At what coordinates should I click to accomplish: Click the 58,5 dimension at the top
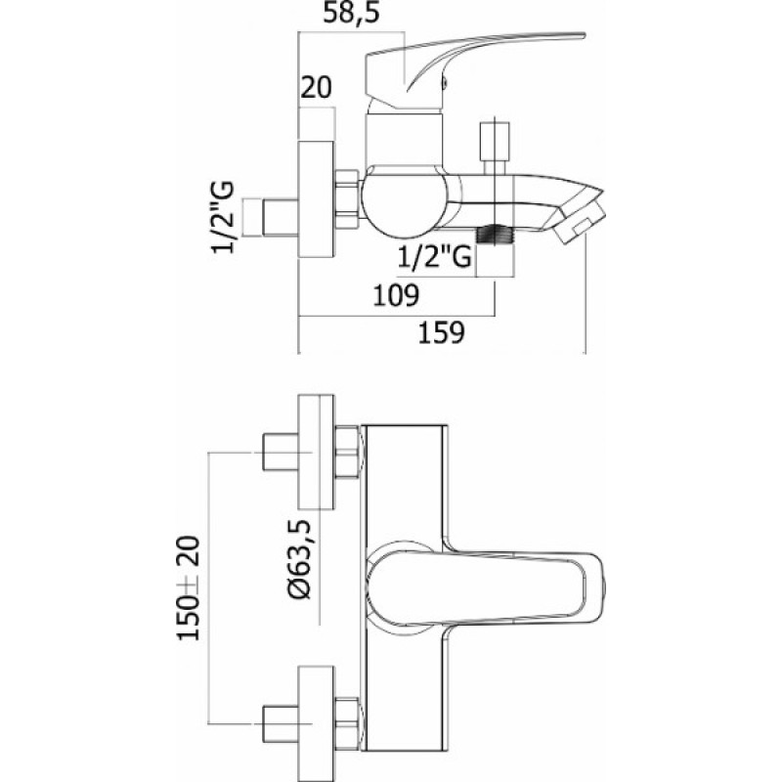pos(351,13)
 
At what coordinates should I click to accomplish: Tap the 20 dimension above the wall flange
pos(316,88)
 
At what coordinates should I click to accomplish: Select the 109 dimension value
pos(396,295)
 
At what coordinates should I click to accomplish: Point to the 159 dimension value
pos(442,332)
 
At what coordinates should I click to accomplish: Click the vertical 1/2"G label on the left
pos(223,217)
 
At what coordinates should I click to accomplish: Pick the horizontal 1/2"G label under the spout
pos(434,257)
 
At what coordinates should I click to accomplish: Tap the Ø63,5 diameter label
pos(299,558)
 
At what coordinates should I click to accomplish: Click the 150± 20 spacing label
pos(189,588)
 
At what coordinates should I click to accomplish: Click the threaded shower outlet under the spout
pos(495,235)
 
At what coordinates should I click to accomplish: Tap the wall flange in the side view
pos(316,199)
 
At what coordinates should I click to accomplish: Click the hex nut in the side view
pos(348,199)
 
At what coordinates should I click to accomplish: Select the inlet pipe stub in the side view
pos(281,217)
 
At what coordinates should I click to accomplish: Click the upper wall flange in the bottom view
pos(316,452)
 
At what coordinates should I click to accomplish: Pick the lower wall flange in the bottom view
pos(316,723)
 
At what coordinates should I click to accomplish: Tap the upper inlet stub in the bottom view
pos(281,452)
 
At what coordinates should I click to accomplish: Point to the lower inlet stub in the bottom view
pos(281,723)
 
